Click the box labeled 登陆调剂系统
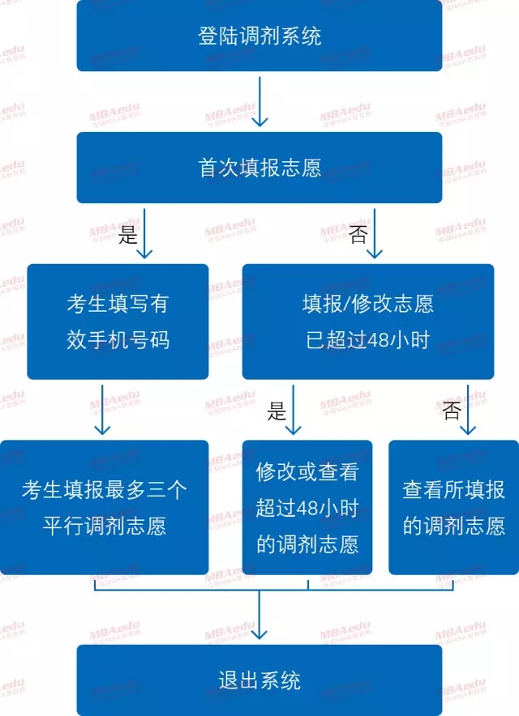(259, 36)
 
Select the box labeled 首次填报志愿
(259, 168)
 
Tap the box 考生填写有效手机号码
(118, 322)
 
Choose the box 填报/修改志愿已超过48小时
(367, 322)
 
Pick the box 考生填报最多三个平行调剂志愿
(104, 508)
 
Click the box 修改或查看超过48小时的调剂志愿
(307, 508)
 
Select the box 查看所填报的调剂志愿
(453, 508)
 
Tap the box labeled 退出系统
(259, 680)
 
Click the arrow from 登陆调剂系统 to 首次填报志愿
(259, 102)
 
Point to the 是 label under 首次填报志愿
(129, 235)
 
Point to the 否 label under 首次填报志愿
(358, 235)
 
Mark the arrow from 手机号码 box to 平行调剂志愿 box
(101, 410)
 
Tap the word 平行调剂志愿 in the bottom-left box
(105, 526)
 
